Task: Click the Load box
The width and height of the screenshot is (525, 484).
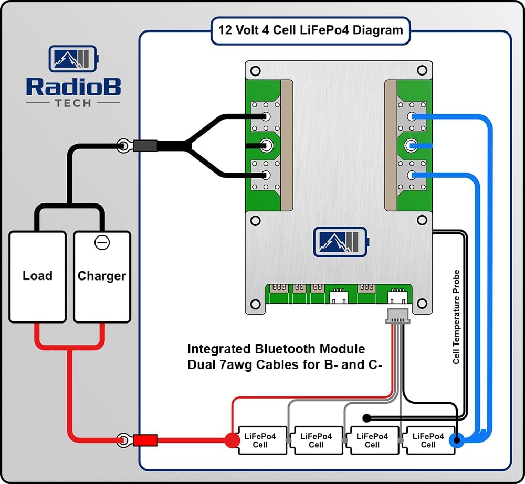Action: [x=37, y=276]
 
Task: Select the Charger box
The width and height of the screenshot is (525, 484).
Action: [x=102, y=276]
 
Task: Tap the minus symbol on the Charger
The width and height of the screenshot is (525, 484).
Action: [x=102, y=243]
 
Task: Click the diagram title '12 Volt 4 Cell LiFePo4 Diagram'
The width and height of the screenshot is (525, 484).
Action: [x=310, y=30]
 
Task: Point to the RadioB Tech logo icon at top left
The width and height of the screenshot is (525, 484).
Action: [x=73, y=59]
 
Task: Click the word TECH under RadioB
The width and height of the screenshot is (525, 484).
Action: [x=73, y=103]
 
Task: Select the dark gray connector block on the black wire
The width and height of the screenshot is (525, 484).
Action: [x=145, y=145]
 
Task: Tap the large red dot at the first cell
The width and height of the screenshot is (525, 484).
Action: [x=232, y=440]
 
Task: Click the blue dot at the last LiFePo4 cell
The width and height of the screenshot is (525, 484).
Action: [x=457, y=440]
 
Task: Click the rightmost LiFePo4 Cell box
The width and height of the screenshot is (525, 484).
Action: [x=428, y=440]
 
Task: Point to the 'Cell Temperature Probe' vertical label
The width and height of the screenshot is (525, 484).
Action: [x=456, y=317]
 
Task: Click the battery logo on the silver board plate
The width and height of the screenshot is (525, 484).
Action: [x=340, y=242]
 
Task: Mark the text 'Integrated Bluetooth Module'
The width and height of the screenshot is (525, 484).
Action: [x=276, y=349]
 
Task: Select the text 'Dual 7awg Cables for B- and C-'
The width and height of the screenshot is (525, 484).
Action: [x=284, y=365]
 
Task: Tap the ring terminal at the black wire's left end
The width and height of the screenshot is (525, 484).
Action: [x=124, y=145]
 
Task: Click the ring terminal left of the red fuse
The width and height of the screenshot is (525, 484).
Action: [x=124, y=439]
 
